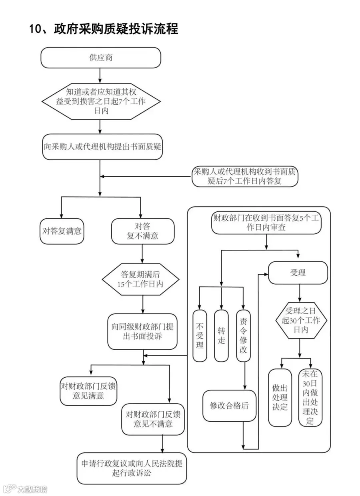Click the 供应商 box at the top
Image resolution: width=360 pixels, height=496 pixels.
(x=101, y=58)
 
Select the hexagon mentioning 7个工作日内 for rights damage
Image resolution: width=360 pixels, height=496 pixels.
(x=101, y=101)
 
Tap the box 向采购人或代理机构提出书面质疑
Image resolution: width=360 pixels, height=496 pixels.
(x=102, y=147)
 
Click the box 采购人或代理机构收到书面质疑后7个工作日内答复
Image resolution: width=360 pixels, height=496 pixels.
(x=245, y=176)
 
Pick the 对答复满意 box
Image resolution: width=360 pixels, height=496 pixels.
(x=62, y=231)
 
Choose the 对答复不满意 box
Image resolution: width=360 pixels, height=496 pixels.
(x=142, y=231)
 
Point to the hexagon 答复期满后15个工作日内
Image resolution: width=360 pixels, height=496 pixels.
(x=140, y=279)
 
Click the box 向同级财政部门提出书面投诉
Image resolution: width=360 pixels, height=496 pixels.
(x=142, y=331)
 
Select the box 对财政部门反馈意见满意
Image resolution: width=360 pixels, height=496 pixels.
(x=88, y=391)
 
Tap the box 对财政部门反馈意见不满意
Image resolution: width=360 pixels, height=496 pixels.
(x=153, y=419)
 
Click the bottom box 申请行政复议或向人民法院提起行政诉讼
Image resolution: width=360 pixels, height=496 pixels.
(x=132, y=468)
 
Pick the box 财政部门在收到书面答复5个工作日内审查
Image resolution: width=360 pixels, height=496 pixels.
(x=266, y=223)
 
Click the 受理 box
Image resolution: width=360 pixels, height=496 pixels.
(x=298, y=273)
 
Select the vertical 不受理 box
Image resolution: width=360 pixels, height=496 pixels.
(x=200, y=336)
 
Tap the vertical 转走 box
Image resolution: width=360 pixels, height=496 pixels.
(x=221, y=336)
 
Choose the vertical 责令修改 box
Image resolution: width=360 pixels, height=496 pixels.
(x=243, y=336)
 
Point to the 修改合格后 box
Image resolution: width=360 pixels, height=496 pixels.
(x=229, y=406)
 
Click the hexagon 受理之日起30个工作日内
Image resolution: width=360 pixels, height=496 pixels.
(x=301, y=320)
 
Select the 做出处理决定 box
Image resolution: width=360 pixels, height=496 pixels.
(x=280, y=398)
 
